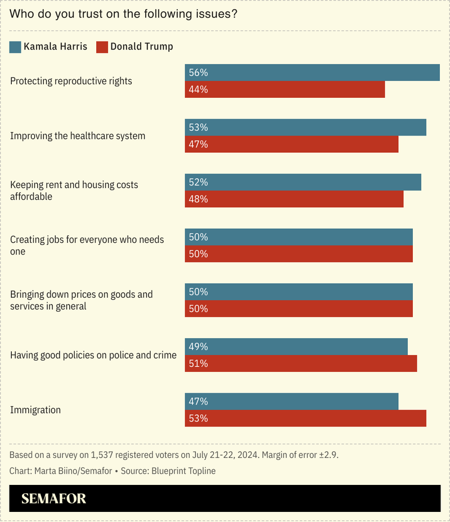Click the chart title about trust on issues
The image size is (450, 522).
point(123,14)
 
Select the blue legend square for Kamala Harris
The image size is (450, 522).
point(16,47)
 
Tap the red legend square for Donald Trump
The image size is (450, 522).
point(102,47)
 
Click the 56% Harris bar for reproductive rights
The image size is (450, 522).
point(312,72)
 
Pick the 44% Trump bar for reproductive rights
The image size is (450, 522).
point(285,89)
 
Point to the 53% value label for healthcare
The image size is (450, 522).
point(199,128)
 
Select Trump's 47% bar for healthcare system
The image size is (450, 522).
point(291,144)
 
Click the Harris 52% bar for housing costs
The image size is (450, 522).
point(303,182)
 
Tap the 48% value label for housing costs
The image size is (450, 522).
point(199,199)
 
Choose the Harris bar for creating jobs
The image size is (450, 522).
point(299,237)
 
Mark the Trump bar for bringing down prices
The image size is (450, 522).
point(299,308)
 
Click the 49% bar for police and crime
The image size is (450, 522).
point(296,347)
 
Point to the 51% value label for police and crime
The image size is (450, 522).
point(199,364)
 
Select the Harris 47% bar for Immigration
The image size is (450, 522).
point(291,402)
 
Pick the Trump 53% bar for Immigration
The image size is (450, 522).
point(305,419)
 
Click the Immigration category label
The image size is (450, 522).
point(35,410)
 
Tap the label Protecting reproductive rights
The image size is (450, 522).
point(71,81)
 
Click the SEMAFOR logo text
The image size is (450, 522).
point(53,499)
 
